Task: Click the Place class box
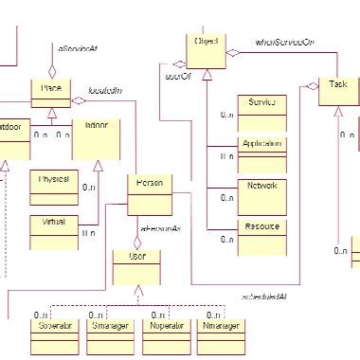51,95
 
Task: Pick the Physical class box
53,186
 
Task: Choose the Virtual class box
53,227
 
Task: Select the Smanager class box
112,333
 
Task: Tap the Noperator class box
167,333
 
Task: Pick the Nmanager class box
222,333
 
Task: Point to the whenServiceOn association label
285,43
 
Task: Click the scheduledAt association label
265,297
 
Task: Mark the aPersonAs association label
160,229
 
